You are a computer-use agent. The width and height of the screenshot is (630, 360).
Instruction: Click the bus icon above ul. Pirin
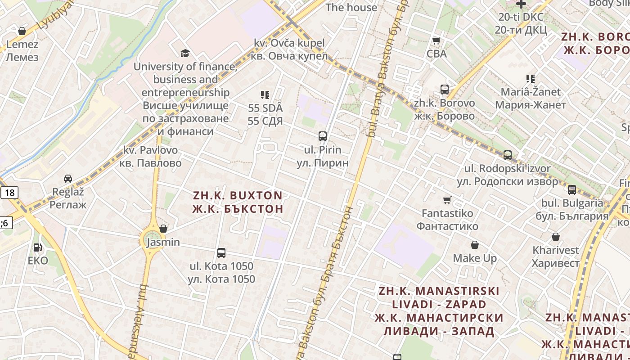[x=322, y=136]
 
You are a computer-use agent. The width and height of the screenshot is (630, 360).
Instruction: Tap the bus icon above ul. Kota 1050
[x=221, y=253]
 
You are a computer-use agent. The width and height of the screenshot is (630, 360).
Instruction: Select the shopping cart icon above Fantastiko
[x=447, y=200]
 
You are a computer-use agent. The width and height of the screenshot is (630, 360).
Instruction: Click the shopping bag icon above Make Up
[x=475, y=245]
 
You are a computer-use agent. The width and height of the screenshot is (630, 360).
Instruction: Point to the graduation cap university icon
[x=185, y=54]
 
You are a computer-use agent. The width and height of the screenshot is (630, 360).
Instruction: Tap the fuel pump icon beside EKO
[x=37, y=247]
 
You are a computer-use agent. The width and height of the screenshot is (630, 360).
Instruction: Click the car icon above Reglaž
[x=68, y=178]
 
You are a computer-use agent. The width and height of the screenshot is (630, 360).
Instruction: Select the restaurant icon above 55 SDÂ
[x=265, y=95]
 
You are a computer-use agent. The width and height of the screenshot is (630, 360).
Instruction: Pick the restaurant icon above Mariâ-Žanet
[x=531, y=79]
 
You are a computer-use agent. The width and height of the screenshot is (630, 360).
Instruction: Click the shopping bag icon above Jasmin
[x=163, y=229]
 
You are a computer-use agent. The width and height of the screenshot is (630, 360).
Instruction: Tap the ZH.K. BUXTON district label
[x=238, y=202]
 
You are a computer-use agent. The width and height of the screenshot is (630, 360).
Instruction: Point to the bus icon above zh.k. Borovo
[x=445, y=90]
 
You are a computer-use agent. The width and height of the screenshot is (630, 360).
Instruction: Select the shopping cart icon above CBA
[x=436, y=41]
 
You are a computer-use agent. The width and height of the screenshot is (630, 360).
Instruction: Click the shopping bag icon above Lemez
[x=22, y=31]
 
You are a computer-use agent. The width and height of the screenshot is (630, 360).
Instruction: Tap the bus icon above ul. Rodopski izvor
[x=508, y=155]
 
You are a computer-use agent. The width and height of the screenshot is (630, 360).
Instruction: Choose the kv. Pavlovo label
[x=150, y=156]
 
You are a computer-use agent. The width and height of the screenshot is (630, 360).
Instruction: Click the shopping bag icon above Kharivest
[x=556, y=237]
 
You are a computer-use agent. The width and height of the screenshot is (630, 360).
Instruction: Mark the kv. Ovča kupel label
[x=289, y=49]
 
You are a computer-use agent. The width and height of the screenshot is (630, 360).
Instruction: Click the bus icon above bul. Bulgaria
[x=571, y=190]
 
